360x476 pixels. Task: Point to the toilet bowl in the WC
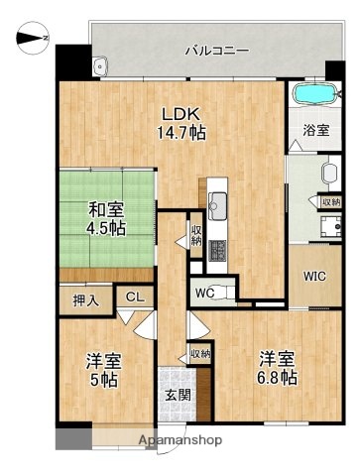pos(226,292)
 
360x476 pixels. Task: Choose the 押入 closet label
pos(86,299)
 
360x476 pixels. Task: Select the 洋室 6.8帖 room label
pos(279,366)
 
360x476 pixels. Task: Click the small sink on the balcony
pos(99,67)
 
